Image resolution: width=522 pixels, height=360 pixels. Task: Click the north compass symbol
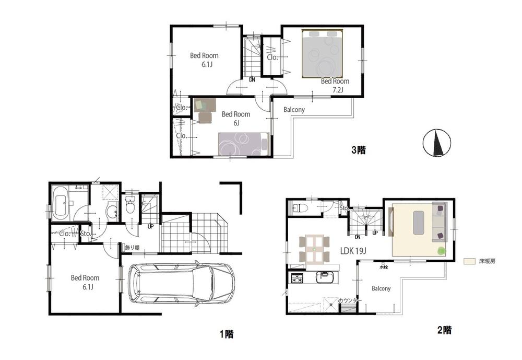(x=437, y=142)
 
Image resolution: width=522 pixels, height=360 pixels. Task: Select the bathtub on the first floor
(x=62, y=204)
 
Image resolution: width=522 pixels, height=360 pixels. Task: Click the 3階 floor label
(x=358, y=150)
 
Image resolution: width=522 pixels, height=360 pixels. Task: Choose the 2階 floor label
(x=444, y=330)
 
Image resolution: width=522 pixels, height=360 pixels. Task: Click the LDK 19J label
(x=354, y=251)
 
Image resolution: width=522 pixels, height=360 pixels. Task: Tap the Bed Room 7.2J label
(x=335, y=85)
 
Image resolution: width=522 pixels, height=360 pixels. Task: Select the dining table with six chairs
(x=314, y=250)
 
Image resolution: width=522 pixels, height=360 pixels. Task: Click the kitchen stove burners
(x=297, y=278)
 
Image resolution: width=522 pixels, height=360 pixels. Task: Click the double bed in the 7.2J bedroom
(x=323, y=53)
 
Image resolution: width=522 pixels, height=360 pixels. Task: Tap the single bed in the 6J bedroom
(x=243, y=144)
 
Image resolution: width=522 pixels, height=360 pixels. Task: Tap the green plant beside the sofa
(x=442, y=251)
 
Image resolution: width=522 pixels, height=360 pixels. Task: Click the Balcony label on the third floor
(x=294, y=110)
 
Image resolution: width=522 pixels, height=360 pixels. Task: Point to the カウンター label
(x=348, y=300)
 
